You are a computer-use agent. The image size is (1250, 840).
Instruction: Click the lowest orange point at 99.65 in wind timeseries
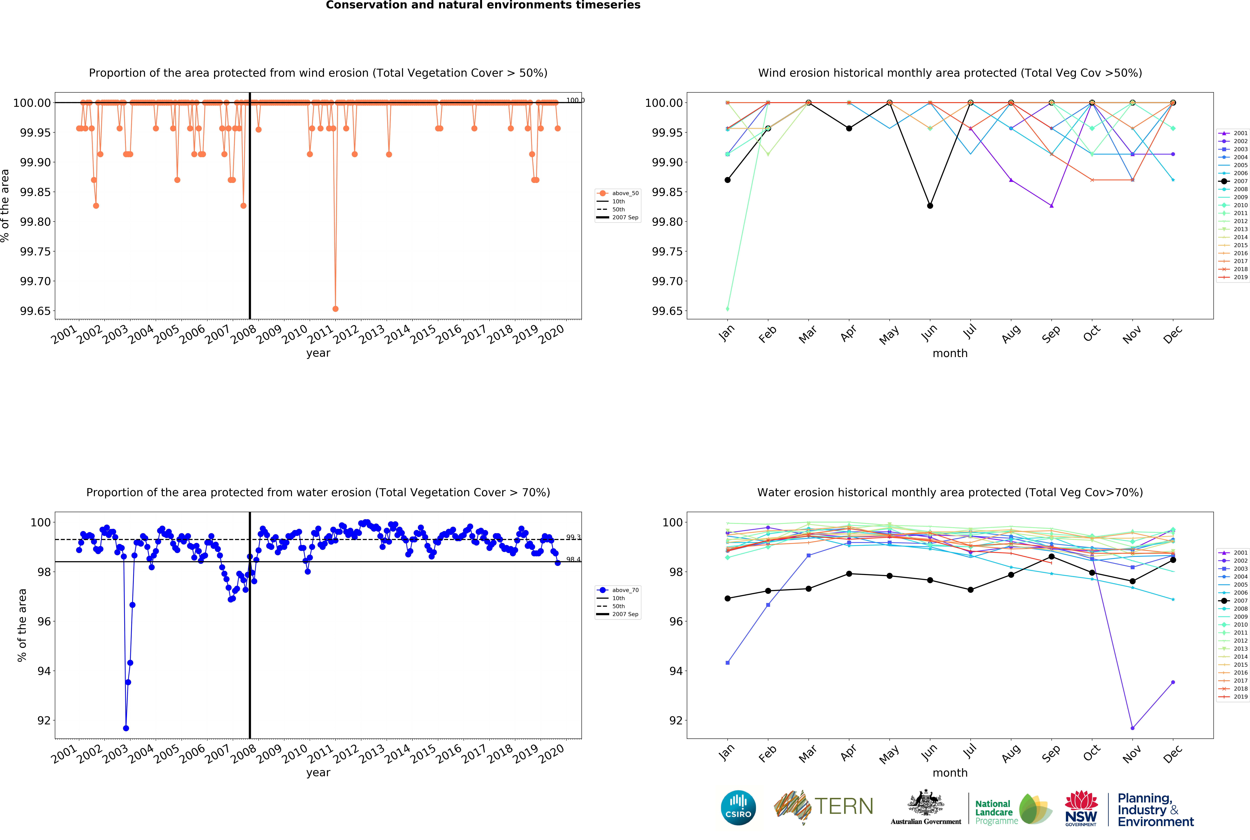335,309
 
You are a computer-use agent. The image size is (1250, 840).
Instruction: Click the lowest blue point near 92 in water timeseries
126,728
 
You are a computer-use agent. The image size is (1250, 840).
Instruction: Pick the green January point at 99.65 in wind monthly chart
727,309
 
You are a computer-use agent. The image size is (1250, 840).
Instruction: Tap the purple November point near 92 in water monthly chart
1132,728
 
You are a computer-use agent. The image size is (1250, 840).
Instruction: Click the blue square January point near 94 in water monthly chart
727,663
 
